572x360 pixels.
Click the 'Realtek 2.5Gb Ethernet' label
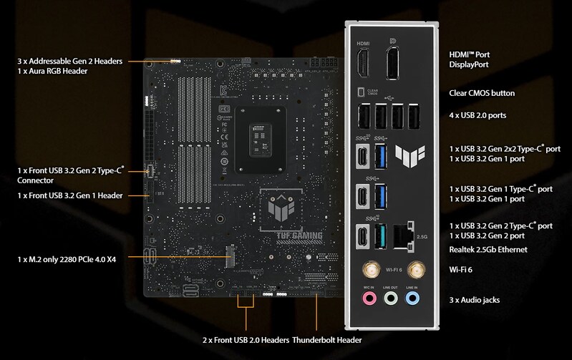(x=488, y=249)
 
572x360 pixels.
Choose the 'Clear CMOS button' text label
(x=481, y=93)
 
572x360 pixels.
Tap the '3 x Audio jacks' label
(x=473, y=298)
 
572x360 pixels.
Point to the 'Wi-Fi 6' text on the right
(x=461, y=271)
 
